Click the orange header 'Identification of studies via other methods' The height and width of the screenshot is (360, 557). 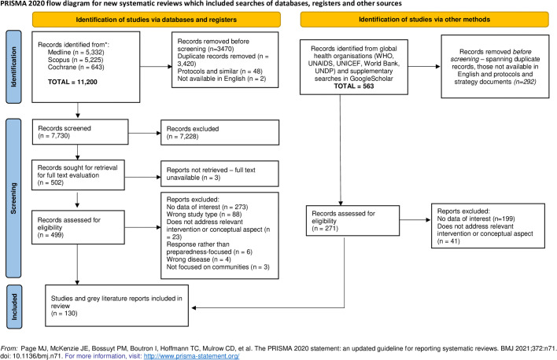(x=425, y=20)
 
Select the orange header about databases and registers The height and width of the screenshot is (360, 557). (x=157, y=20)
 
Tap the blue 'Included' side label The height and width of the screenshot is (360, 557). (x=14, y=307)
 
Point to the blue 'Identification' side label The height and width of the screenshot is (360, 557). (x=13, y=67)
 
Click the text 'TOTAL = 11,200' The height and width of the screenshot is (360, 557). (x=72, y=82)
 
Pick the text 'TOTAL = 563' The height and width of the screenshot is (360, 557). (x=354, y=86)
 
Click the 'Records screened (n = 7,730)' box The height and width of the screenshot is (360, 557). (x=80, y=132)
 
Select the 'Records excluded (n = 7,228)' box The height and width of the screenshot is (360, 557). (x=219, y=132)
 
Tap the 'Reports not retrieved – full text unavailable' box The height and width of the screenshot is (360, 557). (x=219, y=174)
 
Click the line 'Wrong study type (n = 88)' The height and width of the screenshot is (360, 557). (x=204, y=215)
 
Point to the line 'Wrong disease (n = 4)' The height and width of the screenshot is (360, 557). (x=198, y=259)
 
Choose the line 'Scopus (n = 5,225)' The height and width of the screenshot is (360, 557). (x=76, y=60)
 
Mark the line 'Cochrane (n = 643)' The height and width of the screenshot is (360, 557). (x=76, y=67)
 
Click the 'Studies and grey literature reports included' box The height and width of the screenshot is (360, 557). (x=117, y=306)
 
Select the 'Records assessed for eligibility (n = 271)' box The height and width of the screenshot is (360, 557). (x=352, y=220)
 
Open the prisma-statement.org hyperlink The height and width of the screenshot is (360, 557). (x=191, y=356)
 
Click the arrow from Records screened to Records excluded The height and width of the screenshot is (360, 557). (x=145, y=133)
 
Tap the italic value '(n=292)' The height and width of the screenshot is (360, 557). (x=524, y=82)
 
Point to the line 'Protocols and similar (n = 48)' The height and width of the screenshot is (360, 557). (x=219, y=71)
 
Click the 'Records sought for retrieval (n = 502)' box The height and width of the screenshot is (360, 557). (x=78, y=175)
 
